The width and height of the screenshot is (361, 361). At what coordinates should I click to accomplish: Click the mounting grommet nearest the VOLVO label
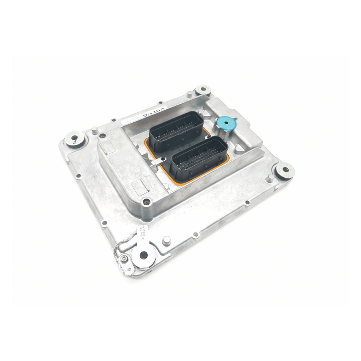[203, 90]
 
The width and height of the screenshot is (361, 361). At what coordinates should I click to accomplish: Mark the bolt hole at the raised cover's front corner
[146, 201]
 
